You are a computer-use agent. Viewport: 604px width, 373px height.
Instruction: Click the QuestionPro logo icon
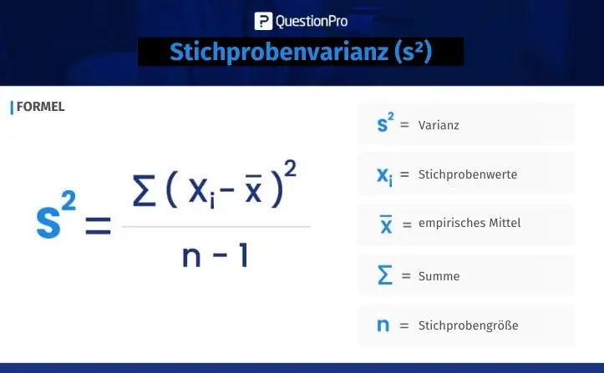pos(263,21)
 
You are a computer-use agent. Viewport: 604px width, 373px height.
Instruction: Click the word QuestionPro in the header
pos(312,22)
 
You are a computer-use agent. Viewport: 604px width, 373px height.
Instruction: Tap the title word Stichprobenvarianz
pos(279,52)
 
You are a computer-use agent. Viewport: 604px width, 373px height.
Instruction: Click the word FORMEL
pos(40,107)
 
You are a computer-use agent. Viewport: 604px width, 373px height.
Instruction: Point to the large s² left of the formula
pos(56,216)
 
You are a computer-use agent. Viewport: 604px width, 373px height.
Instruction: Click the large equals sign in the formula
pos(99,225)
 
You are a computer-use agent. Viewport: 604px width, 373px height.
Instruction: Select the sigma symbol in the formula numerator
pos(144,191)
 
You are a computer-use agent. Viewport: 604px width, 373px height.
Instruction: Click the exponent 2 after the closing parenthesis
pos(290,169)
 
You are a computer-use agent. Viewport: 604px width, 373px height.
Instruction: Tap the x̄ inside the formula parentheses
pos(253,189)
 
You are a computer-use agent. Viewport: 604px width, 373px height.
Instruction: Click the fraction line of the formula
pos(216,227)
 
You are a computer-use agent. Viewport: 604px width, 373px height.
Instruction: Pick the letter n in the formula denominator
pos(191,256)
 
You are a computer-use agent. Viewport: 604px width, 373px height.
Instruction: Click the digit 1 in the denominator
pos(243,255)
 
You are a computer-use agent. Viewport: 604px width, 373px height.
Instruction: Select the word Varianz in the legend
pos(439,125)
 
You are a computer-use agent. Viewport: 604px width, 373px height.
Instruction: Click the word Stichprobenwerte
pos(468,174)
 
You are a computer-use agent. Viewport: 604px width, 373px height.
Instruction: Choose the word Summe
pos(439,276)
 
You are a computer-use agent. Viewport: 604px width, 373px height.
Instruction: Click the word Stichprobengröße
pos(469,325)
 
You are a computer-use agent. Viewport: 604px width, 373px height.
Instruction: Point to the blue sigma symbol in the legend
pos(385,275)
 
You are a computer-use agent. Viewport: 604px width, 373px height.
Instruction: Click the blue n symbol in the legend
pos(383,325)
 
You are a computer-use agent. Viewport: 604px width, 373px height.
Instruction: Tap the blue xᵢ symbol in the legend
pos(385,176)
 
